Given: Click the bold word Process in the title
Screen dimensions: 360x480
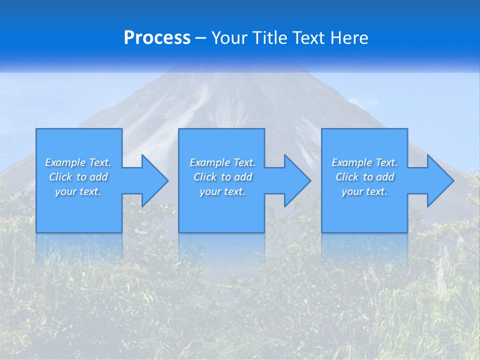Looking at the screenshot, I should pyautogui.click(x=157, y=38).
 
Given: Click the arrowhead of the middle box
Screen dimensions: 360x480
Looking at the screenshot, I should pyautogui.click(x=297, y=180).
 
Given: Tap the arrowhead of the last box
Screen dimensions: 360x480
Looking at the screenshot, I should pyautogui.click(x=439, y=180).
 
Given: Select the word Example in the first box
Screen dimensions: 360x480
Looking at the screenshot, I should pyautogui.click(x=65, y=162).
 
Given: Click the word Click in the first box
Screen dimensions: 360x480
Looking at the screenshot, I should pyautogui.click(x=60, y=177).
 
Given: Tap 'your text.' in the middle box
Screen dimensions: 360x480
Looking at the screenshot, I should pyautogui.click(x=222, y=191).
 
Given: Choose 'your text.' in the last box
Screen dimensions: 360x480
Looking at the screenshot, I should pyautogui.click(x=364, y=191).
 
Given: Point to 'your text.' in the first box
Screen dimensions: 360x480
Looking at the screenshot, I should pyautogui.click(x=78, y=191).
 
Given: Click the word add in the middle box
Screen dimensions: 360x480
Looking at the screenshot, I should pyautogui.click(x=243, y=177).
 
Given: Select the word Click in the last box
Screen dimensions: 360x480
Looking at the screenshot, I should pyautogui.click(x=347, y=177).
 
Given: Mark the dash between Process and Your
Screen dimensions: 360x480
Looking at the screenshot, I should pyautogui.click(x=201, y=38).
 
